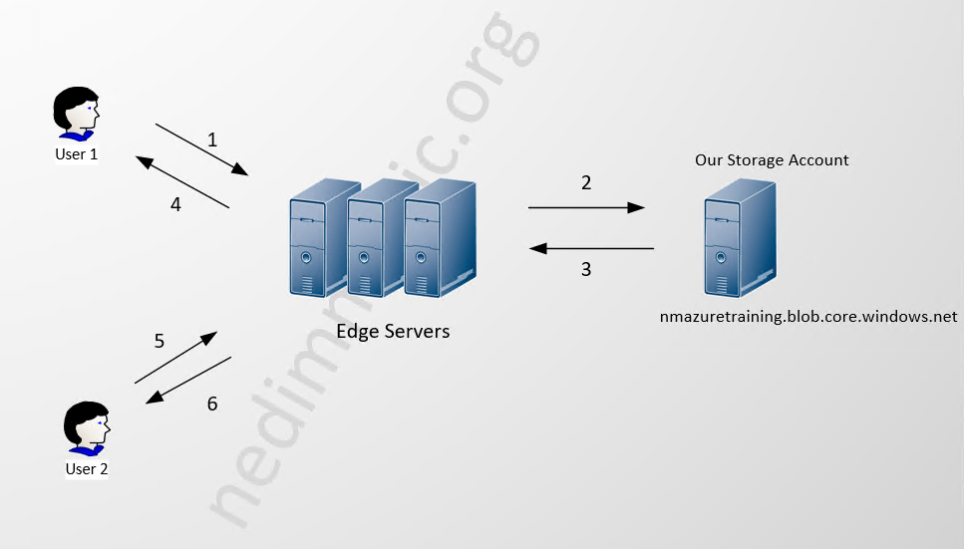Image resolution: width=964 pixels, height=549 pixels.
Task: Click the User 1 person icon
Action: [75, 114]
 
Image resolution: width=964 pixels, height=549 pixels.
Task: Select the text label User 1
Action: [76, 154]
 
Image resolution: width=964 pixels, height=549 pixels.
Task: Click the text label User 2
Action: [87, 469]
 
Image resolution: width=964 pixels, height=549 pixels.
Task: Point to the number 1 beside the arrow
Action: [212, 139]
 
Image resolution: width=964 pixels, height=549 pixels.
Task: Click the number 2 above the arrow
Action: [586, 182]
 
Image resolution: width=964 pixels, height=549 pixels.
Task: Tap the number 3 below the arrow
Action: [586, 269]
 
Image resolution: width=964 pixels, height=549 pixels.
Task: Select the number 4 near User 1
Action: [175, 204]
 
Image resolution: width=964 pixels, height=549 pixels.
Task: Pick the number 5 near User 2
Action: [160, 341]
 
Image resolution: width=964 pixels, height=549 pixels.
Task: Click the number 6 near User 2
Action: [211, 404]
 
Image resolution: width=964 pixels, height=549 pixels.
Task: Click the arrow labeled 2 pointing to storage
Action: [586, 207]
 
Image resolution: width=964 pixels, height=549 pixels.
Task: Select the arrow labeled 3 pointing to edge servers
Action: [590, 248]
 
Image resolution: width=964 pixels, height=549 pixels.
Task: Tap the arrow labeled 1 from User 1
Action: [201, 149]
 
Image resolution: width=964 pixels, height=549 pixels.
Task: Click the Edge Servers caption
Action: [393, 331]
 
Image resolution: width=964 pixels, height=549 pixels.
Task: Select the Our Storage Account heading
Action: [772, 159]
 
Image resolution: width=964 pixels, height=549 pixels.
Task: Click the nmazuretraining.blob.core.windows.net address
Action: [808, 317]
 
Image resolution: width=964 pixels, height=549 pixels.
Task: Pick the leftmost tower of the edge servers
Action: [321, 239]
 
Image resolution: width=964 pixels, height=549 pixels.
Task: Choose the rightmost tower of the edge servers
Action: [440, 239]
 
